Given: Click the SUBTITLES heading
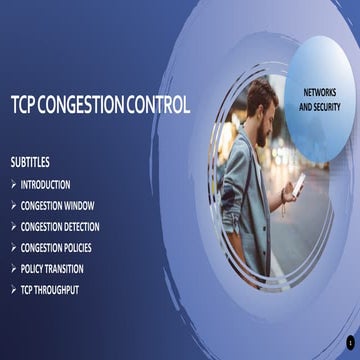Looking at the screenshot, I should coord(30,161).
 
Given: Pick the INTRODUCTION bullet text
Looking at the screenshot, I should coord(45,185).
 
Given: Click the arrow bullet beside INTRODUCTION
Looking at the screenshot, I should coord(13,185).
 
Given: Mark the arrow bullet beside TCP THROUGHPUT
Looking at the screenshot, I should coord(13,290).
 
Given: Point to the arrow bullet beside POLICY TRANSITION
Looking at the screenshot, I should coord(13,269).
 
